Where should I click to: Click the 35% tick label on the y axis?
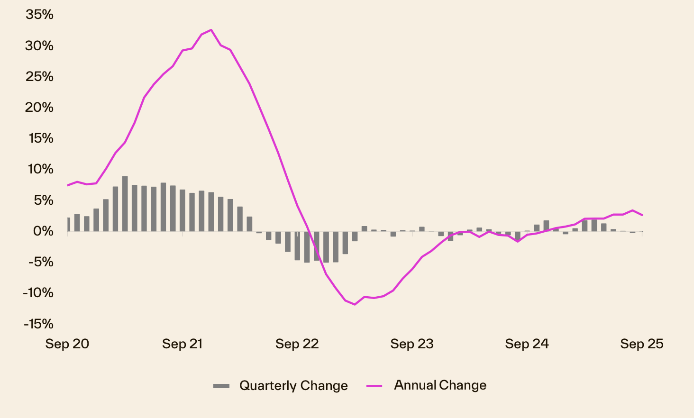click(40, 15)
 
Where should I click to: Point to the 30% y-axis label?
click(40, 46)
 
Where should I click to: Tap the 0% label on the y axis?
click(43, 231)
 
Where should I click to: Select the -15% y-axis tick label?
click(38, 324)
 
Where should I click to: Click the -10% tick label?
click(38, 293)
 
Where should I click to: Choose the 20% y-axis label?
click(40, 108)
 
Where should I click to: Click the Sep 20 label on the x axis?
click(67, 344)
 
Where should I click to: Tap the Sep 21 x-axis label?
click(183, 344)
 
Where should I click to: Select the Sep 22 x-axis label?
click(297, 344)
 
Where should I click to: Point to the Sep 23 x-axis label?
click(412, 344)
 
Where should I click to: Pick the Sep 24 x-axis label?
click(527, 344)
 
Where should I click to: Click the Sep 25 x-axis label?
click(642, 344)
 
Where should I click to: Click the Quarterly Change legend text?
click(293, 386)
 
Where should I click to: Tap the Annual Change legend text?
click(440, 385)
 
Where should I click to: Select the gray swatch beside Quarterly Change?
click(221, 386)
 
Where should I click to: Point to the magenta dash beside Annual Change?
click(374, 386)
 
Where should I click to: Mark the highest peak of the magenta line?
click(211, 30)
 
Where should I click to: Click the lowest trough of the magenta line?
click(355, 304)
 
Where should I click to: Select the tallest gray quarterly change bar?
click(125, 204)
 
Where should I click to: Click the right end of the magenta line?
click(642, 215)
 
